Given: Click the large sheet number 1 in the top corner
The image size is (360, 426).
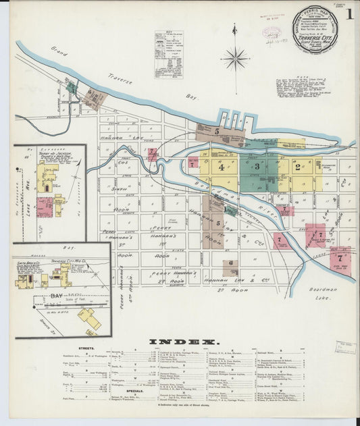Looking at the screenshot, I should pyautogui.click(x=349, y=14).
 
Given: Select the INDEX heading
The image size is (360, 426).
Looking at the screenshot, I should pyautogui.click(x=182, y=342).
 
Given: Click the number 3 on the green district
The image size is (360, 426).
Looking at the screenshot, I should pyautogui.click(x=257, y=165).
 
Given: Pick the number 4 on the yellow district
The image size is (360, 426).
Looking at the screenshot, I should pyautogui.click(x=221, y=168).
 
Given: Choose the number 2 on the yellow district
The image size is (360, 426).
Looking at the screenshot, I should pyautogui.click(x=297, y=167).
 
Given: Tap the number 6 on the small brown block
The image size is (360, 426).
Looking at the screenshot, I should pyautogui.click(x=231, y=263).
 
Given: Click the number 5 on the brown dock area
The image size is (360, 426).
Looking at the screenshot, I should pyautogui.click(x=217, y=131).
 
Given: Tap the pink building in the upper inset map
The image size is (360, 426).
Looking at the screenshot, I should pyautogui.click(x=45, y=206).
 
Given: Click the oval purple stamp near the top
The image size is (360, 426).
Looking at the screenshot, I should pyautogui.click(x=272, y=32).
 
